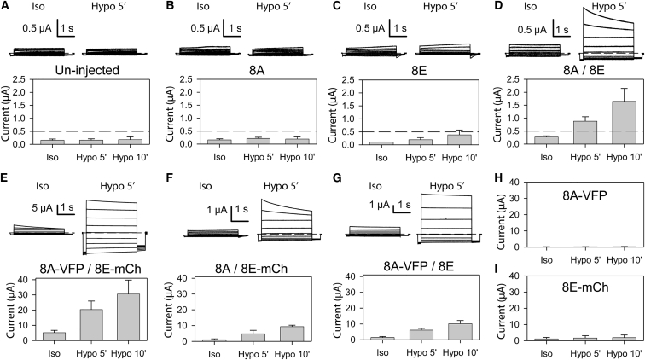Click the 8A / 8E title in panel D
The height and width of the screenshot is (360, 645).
569,71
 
